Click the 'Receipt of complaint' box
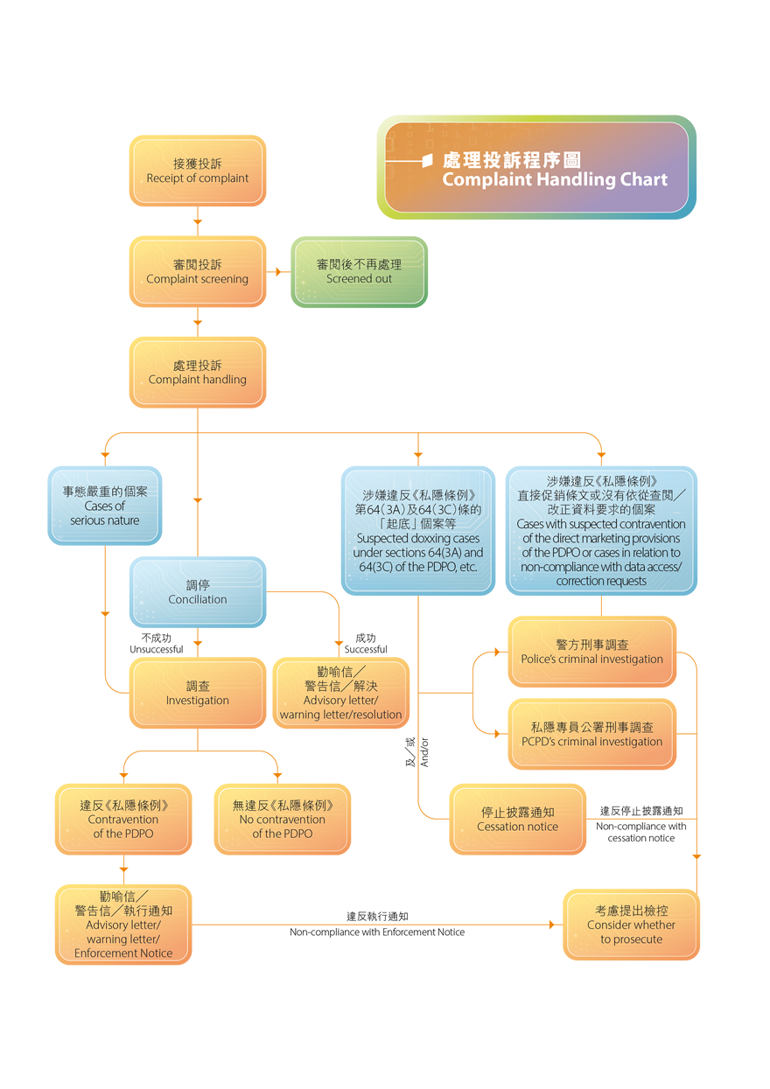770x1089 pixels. click(197, 171)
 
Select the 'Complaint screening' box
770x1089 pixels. click(197, 271)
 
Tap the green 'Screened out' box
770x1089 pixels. click(359, 271)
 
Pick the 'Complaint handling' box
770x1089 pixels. click(197, 372)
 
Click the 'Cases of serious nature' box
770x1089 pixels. click(105, 506)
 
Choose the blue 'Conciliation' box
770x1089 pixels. click(197, 592)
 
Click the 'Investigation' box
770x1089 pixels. click(197, 693)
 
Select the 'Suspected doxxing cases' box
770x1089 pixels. click(417, 530)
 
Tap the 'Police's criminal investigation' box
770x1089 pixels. click(591, 652)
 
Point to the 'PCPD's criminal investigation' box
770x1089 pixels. click(591, 734)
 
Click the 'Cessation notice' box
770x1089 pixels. click(517, 819)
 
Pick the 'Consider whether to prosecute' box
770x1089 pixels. click(631, 925)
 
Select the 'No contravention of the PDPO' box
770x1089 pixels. click(282, 819)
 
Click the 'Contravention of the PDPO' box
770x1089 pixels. click(122, 819)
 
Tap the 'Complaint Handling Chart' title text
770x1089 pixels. click(554, 180)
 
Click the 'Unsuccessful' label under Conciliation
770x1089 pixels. click(156, 649)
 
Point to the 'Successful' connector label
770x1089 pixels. click(365, 649)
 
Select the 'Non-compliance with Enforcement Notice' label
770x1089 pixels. click(377, 932)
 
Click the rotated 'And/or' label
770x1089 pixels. click(424, 752)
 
